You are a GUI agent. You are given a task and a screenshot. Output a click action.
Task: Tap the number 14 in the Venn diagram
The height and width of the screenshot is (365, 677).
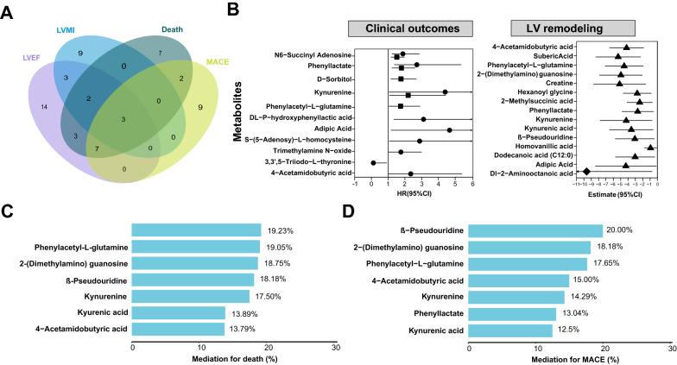pyautogui.click(x=44, y=107)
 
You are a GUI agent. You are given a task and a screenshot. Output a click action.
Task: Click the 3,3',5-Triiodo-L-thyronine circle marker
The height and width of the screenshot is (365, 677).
pyautogui.click(x=373, y=162)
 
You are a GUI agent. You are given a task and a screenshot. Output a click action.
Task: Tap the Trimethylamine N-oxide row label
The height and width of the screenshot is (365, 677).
pyautogui.click(x=308, y=151)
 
